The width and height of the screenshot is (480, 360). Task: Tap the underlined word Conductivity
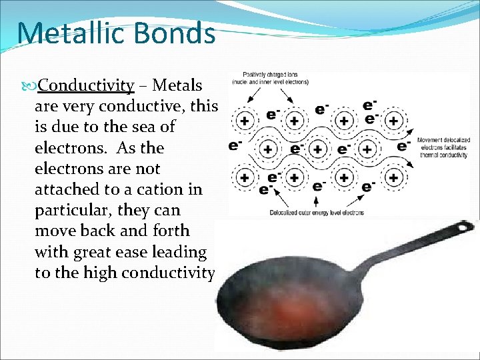tap(86, 85)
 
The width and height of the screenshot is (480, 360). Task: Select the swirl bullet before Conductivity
tap(30, 85)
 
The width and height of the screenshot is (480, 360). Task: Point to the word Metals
tap(182, 85)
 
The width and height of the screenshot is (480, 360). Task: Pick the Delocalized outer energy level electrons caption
tap(317, 213)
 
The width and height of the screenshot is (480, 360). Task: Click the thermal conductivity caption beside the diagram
tap(443, 147)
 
